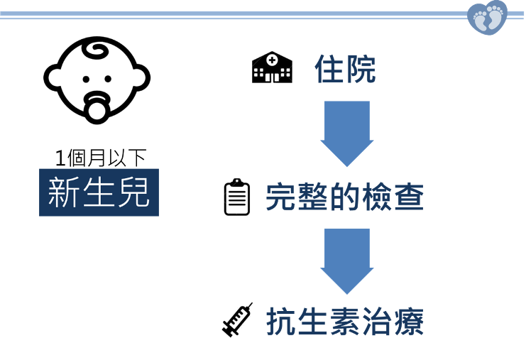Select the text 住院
click(x=345, y=69)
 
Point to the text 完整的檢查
click(x=344, y=198)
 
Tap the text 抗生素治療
click(x=345, y=322)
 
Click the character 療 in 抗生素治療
click(x=409, y=322)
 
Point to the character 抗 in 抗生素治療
click(x=281, y=322)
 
